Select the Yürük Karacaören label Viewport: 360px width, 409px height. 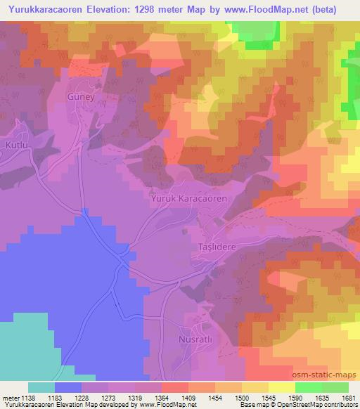[189, 200]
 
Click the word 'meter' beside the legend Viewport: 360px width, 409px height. [11, 397]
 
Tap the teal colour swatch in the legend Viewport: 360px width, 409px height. [41, 387]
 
